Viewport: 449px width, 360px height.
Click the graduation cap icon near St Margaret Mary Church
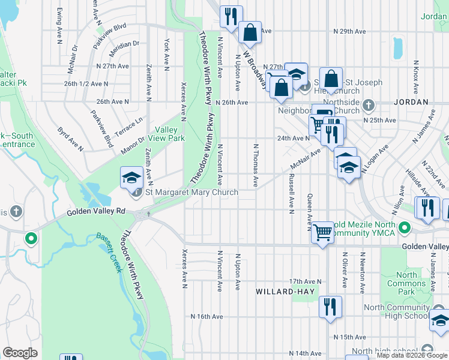(132, 178)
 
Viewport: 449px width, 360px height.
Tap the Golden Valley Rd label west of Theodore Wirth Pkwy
(96, 211)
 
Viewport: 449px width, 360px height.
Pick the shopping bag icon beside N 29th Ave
(250, 32)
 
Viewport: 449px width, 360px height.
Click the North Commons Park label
(406, 283)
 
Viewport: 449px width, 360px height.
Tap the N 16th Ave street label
(207, 316)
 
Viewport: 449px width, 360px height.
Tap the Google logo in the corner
(20, 353)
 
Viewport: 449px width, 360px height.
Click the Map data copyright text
(412, 356)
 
